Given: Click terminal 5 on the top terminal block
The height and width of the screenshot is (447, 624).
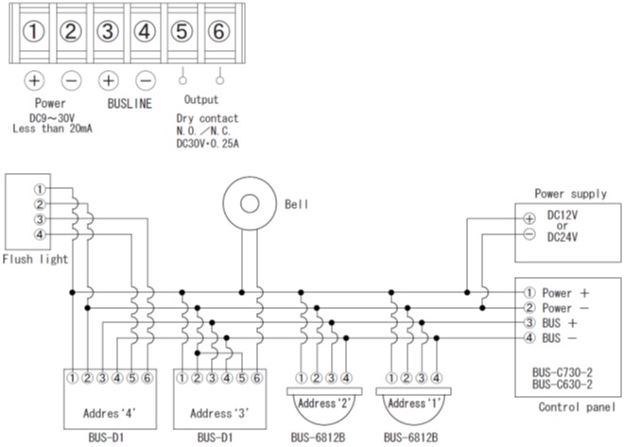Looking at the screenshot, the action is point(182,31).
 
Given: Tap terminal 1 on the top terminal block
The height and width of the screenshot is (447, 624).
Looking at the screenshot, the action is point(33,31).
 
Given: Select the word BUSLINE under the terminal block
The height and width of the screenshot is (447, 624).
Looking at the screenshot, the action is point(130,103).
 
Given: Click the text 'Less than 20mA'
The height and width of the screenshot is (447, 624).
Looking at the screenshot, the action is point(53,129).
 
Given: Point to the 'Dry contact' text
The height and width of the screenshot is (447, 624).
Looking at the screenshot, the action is point(207,118).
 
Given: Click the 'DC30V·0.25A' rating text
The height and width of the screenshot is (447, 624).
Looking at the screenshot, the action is point(208,143).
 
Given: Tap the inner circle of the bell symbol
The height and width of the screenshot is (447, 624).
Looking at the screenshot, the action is point(250,203).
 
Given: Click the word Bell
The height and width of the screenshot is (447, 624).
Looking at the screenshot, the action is point(297,204).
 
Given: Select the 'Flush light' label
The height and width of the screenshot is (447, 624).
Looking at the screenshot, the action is point(35,259).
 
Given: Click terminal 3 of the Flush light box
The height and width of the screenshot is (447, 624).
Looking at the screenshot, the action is point(40,219).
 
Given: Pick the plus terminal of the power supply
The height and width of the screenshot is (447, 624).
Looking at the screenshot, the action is point(529,218).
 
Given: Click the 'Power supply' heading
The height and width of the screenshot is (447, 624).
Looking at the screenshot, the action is point(571,194).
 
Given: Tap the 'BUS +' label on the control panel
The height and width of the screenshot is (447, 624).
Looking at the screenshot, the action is point(560,323).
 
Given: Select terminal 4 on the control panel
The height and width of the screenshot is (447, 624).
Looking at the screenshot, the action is point(529,338).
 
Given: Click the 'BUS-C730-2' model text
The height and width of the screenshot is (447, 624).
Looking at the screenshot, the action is point(563,372).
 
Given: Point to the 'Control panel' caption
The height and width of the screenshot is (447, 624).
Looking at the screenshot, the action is point(577,407).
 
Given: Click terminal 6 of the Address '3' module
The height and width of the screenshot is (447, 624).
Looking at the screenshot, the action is point(256,378).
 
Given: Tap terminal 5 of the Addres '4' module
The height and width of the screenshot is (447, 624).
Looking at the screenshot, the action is point(132,378).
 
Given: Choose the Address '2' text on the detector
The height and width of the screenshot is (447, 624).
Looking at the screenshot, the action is point(324,404).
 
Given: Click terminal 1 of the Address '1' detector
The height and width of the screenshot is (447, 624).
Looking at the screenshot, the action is point(391,378).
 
